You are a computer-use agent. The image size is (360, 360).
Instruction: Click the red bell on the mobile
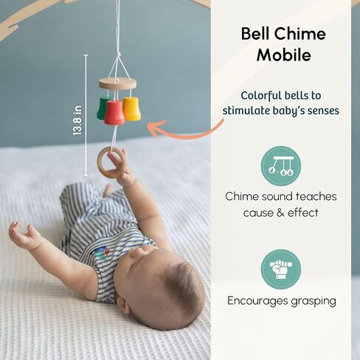pos(114,112)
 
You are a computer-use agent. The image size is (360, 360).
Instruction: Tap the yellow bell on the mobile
pos(131,108)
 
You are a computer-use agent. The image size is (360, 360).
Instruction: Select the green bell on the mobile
pos(102,108)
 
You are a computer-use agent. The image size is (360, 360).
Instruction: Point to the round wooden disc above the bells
pos(117,83)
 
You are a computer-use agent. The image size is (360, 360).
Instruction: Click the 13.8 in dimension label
pos(77,120)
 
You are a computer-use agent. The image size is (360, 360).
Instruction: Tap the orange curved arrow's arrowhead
pos(153,128)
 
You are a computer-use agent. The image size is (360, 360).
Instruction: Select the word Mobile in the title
pos(284,55)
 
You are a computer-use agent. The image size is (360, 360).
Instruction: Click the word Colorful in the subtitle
pos(261,96)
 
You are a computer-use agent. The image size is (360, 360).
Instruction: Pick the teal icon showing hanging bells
pos(281,166)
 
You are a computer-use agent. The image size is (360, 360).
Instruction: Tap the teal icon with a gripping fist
pos(281,269)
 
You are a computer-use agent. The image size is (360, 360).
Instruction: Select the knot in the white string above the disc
pos(119,55)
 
